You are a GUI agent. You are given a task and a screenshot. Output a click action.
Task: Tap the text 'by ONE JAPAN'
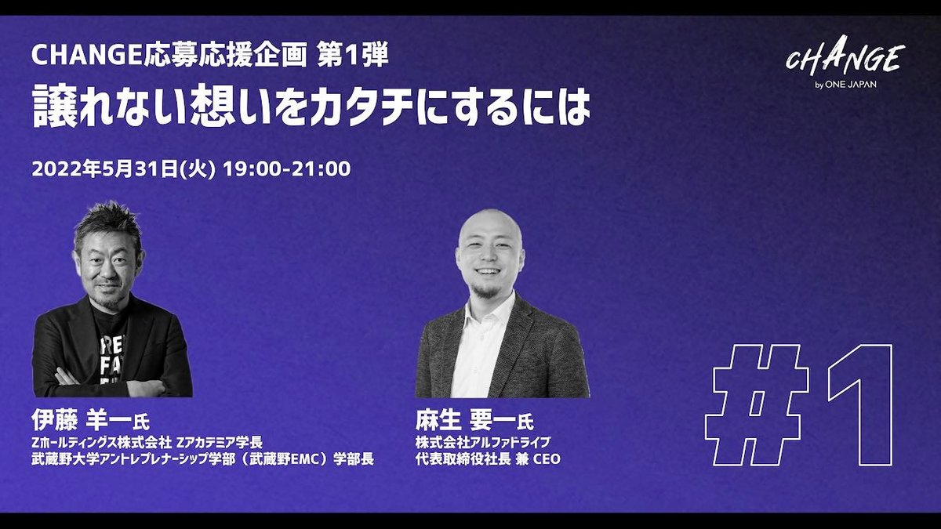845,85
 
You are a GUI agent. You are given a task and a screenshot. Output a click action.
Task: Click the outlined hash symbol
756,405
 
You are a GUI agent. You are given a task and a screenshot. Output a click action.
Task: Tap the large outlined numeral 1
862,405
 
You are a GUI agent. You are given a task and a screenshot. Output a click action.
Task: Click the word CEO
547,459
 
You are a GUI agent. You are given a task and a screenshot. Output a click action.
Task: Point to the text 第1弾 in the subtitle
352,56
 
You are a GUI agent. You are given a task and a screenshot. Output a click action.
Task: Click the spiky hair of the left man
109,223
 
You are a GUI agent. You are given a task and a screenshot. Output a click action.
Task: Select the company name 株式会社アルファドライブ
483,442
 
